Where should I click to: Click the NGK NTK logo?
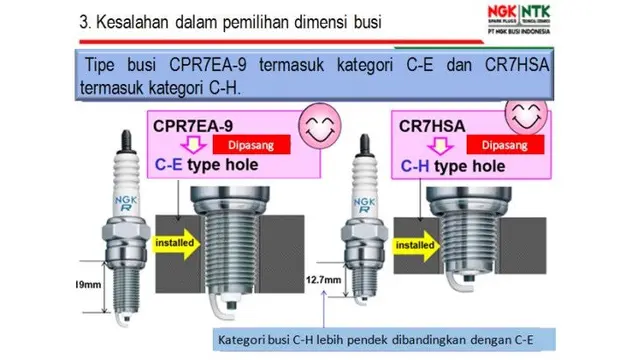click(519, 19)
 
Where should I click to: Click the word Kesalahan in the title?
click(132, 22)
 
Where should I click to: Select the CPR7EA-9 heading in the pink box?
click(193, 126)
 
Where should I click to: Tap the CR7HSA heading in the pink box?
click(432, 126)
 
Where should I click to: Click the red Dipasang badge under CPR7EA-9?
click(251, 145)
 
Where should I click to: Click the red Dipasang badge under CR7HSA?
click(505, 145)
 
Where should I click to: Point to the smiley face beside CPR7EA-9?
click(320, 125)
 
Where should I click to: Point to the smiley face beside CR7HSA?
click(526, 114)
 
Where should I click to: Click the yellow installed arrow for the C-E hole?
click(176, 244)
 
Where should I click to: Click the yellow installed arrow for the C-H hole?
click(416, 246)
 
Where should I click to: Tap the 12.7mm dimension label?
click(323, 280)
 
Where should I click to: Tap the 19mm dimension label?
click(89, 284)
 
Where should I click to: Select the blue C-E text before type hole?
click(169, 164)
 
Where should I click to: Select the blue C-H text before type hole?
click(415, 166)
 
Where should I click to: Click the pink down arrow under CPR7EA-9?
click(193, 145)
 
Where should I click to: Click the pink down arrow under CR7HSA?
click(440, 146)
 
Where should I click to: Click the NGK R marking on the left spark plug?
click(126, 204)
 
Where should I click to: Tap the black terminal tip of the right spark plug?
click(364, 145)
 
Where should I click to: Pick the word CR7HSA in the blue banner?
click(517, 65)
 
